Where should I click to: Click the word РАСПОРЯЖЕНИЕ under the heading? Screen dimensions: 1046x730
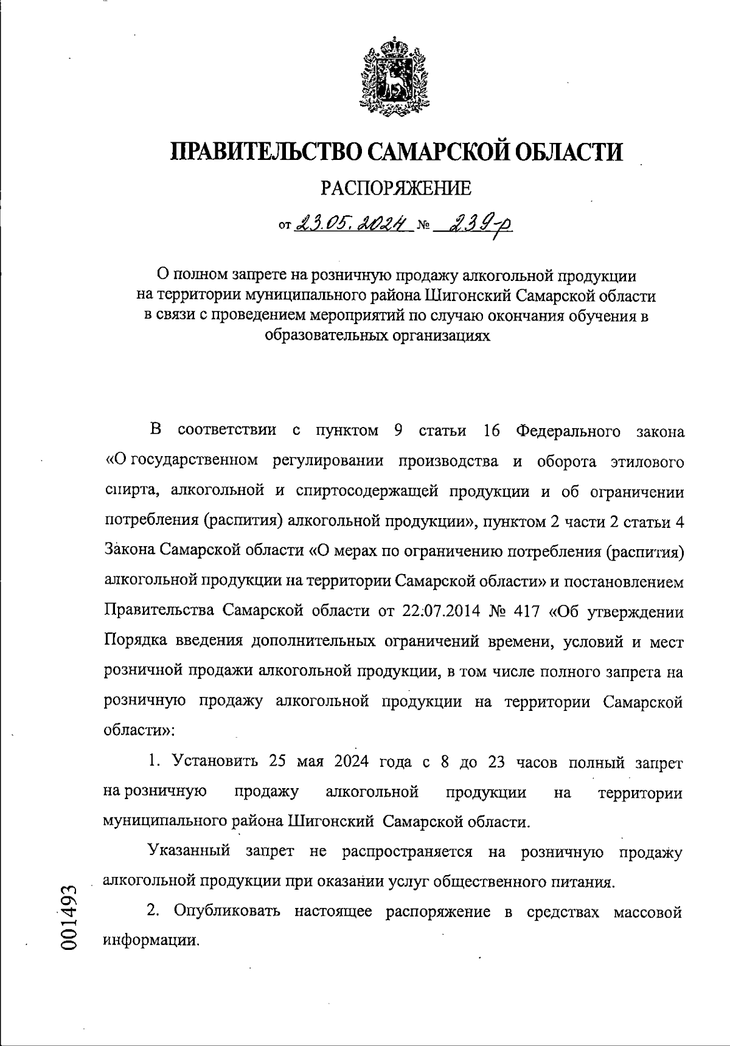[x=395, y=189]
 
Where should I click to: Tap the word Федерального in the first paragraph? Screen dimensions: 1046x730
[x=568, y=431]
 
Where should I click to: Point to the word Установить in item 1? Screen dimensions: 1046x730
[x=215, y=761]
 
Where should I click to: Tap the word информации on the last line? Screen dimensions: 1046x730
[x=151, y=940]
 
